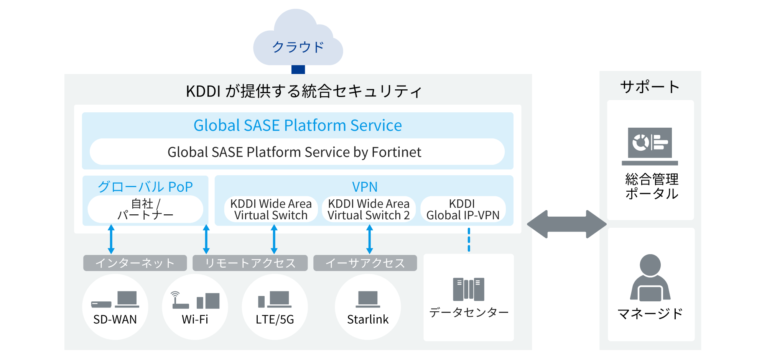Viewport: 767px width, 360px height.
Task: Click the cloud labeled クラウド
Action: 298,42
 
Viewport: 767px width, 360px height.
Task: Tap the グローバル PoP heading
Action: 145,187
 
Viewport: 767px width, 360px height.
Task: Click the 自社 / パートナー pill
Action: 145,209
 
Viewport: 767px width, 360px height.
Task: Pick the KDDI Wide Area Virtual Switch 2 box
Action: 369,209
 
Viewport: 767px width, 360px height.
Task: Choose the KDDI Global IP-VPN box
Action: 463,209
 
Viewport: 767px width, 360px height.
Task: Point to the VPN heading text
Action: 365,187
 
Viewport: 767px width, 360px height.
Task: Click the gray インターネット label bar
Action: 135,263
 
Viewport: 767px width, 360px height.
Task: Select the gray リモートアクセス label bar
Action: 250,263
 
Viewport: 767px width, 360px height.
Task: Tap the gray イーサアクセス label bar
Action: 365,263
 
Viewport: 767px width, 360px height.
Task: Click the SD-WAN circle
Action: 115,307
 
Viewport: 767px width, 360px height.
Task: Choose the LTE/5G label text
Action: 275,319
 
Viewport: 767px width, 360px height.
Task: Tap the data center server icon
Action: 468,289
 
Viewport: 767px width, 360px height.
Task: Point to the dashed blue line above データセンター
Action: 469,240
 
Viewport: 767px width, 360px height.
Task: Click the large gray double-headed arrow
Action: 566,224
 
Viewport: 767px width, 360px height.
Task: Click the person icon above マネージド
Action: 650,278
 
